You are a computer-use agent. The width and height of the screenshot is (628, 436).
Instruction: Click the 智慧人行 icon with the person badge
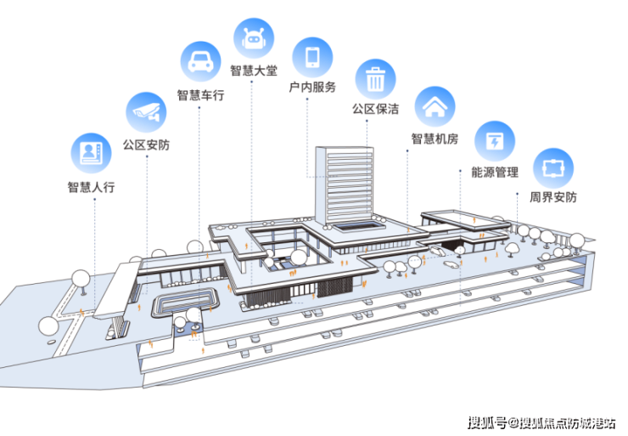click(x=90, y=153)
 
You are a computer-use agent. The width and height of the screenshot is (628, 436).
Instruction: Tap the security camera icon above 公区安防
click(x=145, y=110)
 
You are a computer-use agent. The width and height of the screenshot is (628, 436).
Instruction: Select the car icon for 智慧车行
click(x=200, y=61)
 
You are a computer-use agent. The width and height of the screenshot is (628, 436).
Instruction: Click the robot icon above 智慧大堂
click(x=253, y=37)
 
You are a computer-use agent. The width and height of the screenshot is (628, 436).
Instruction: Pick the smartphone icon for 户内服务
click(x=312, y=56)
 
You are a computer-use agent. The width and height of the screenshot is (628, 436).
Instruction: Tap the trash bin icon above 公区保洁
click(x=375, y=79)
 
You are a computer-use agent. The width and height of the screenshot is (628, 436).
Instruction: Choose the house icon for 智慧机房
click(x=435, y=106)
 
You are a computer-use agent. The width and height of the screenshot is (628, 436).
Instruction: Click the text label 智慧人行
click(x=91, y=187)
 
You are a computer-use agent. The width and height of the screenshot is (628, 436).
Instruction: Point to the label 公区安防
click(x=146, y=145)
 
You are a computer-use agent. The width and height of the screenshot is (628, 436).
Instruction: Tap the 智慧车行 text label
click(x=200, y=95)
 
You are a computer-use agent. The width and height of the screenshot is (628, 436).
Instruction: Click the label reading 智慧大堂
click(x=253, y=71)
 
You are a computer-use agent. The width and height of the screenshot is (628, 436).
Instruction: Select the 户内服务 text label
click(x=312, y=88)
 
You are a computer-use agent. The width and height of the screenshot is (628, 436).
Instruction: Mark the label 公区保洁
click(x=375, y=110)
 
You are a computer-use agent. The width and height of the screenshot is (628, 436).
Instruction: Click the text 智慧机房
click(x=435, y=139)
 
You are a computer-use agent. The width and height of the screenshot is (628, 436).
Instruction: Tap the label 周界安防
click(x=552, y=198)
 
